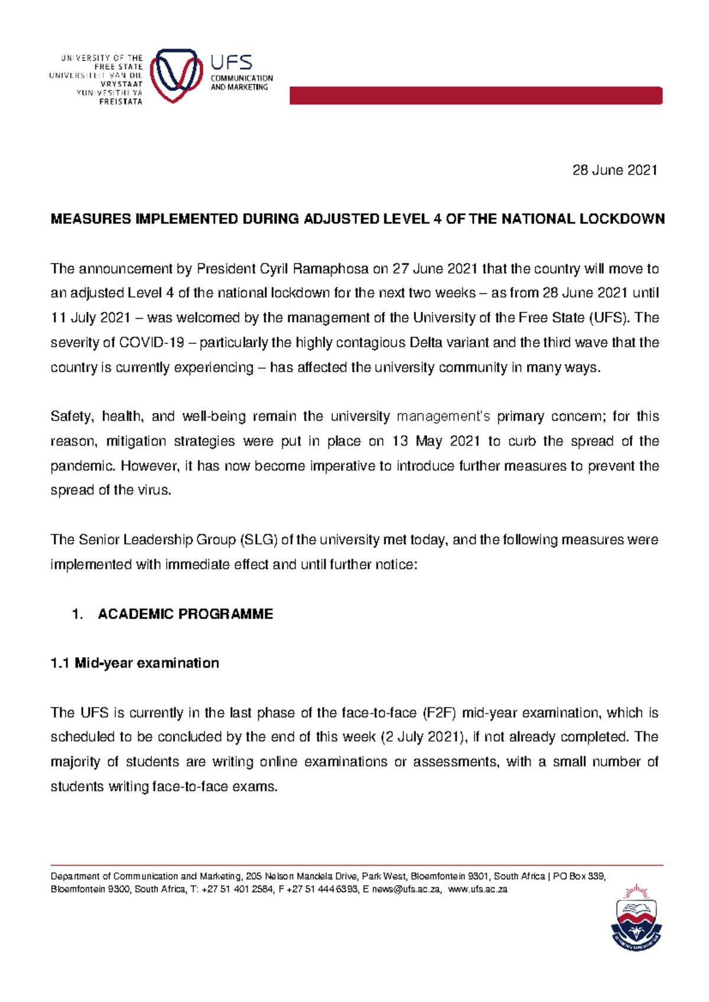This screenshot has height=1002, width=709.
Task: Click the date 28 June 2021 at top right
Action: click(614, 171)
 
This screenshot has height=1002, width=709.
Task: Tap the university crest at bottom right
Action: click(636, 917)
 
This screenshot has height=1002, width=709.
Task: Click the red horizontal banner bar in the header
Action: click(476, 96)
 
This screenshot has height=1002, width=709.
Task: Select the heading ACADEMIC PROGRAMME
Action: click(185, 614)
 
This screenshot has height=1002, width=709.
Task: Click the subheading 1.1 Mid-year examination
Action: click(135, 663)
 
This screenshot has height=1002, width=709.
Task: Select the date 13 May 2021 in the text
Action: click(424, 442)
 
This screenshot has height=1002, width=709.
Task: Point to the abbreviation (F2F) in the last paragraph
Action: click(440, 713)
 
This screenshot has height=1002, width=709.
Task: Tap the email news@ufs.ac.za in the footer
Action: click(405, 890)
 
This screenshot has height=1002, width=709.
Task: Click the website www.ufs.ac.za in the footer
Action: click(478, 890)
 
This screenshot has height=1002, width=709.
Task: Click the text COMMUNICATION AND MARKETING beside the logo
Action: click(242, 83)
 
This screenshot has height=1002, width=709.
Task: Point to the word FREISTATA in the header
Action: click(121, 102)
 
